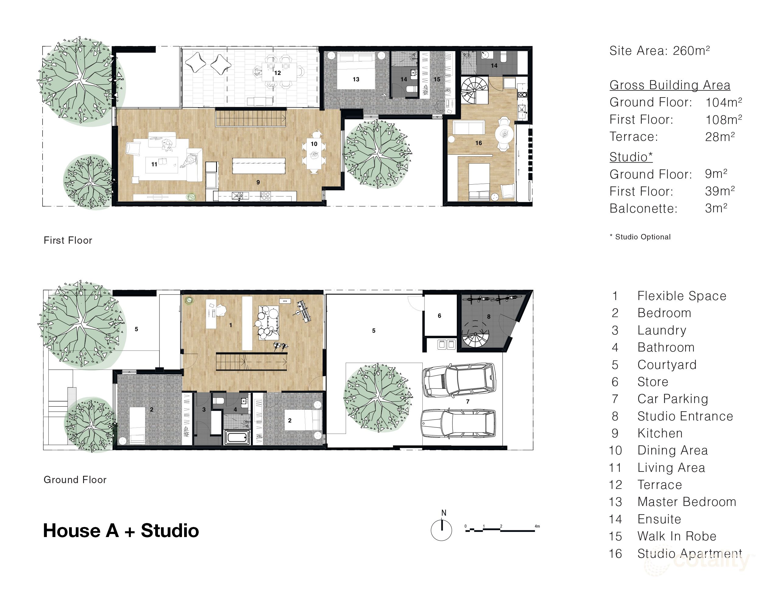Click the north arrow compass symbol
(441, 530)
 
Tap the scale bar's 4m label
(537, 526)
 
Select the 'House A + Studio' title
(121, 530)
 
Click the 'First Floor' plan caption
(68, 240)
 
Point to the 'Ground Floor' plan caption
(75, 479)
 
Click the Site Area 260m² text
(659, 51)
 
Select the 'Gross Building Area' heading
(670, 85)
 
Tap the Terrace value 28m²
(720, 136)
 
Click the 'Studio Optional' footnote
(640, 237)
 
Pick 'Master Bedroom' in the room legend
(687, 502)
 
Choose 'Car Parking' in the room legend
(673, 399)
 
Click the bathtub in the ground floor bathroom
(237, 437)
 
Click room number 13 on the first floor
(356, 79)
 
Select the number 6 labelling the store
(439, 316)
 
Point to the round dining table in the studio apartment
(505, 134)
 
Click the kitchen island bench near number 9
(259, 166)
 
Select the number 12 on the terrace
(278, 73)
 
